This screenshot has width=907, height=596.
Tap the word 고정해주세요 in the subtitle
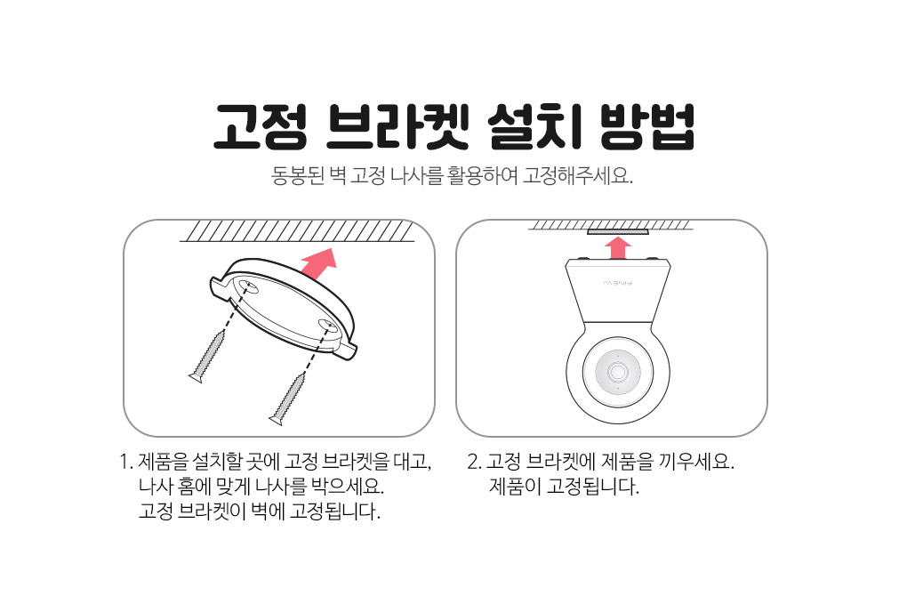pyautogui.click(x=578, y=174)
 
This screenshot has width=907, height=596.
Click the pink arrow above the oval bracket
pyautogui.click(x=318, y=263)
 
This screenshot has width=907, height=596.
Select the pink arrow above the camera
pyautogui.click(x=618, y=248)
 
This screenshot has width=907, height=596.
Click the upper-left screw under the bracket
pyautogui.click(x=207, y=356)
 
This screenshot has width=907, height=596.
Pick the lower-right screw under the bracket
pyautogui.click(x=288, y=399)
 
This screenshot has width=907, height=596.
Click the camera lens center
pyautogui.click(x=618, y=372)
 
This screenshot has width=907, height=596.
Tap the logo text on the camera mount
pyautogui.click(x=618, y=283)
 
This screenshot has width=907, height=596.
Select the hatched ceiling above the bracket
pyautogui.click(x=297, y=230)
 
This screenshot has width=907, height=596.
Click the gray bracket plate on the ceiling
pyautogui.click(x=618, y=231)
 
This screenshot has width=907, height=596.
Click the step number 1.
pyautogui.click(x=124, y=462)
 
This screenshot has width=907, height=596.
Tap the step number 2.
pyautogui.click(x=474, y=462)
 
